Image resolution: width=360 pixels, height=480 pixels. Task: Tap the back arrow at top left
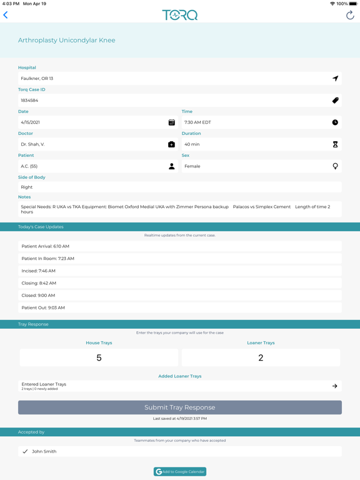6,15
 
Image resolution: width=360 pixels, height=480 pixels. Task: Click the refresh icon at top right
350,15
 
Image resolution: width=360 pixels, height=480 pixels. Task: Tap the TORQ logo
180,15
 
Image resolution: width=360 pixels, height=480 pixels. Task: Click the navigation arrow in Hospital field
335,79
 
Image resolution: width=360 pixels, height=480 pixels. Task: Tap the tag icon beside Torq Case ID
335,101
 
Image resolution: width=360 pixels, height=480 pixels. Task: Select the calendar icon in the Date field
172,122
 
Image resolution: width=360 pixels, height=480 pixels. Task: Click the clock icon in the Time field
335,122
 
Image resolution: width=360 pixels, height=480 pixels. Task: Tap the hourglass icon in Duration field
335,144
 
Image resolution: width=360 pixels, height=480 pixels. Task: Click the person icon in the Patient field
172,166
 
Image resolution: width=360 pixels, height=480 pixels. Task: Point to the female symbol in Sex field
335,166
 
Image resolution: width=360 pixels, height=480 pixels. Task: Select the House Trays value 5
99,357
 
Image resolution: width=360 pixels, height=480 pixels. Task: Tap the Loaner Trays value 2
261,357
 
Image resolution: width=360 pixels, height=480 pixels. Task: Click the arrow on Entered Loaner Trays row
335,386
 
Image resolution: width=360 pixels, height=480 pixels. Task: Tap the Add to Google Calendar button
180,471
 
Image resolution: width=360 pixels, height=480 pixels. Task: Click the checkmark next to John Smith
25,451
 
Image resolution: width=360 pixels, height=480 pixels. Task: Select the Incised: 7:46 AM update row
180,271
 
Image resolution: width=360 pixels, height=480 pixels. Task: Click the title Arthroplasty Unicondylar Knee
67,40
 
